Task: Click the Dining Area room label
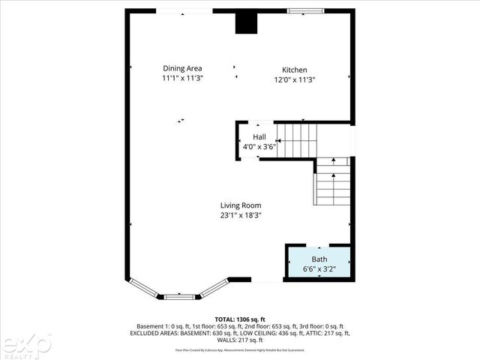[x=182, y=68]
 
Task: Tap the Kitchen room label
[x=294, y=70]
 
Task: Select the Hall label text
[x=259, y=136]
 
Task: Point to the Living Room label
[x=240, y=205]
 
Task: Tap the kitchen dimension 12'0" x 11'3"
[x=294, y=79]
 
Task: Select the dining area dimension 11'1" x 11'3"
[x=182, y=78]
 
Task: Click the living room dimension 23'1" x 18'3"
[x=240, y=215]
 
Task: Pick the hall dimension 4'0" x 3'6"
[x=259, y=146]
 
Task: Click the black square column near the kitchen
[x=245, y=22]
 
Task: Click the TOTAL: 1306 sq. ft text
[x=240, y=319]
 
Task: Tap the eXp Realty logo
[x=25, y=344]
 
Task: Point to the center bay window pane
[x=179, y=296]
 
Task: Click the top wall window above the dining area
[x=184, y=10]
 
